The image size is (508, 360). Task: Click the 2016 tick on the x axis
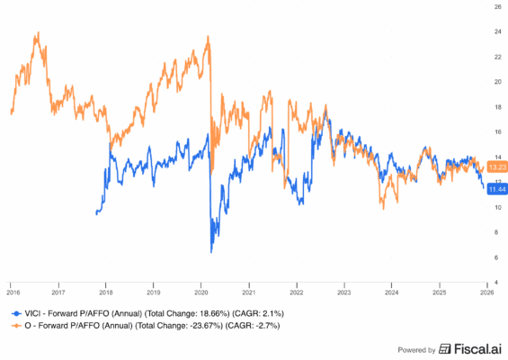coord(13,292)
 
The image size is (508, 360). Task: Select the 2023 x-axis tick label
coord(343,292)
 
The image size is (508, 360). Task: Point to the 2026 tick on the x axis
coord(486,292)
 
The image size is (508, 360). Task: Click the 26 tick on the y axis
coord(496,6)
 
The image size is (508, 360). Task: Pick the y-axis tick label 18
coord(496,106)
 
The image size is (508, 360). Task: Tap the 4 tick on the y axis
coord(496,282)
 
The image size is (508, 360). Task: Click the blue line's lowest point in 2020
coord(211,252)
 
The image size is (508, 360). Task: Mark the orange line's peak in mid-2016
coord(36,34)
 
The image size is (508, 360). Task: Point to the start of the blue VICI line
coord(95,213)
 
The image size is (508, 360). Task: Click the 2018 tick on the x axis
coord(107,292)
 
